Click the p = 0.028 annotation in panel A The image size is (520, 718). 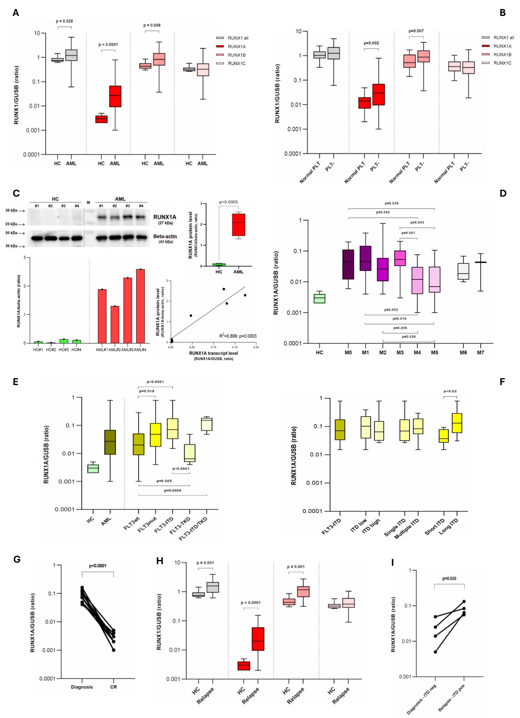coord(64,21)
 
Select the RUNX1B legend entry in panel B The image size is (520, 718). coord(502,55)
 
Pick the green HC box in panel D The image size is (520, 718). coord(319,299)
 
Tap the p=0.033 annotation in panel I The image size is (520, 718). coord(449,578)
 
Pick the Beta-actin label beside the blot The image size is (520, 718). coord(165,236)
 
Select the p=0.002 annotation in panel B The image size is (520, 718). coord(371,43)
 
